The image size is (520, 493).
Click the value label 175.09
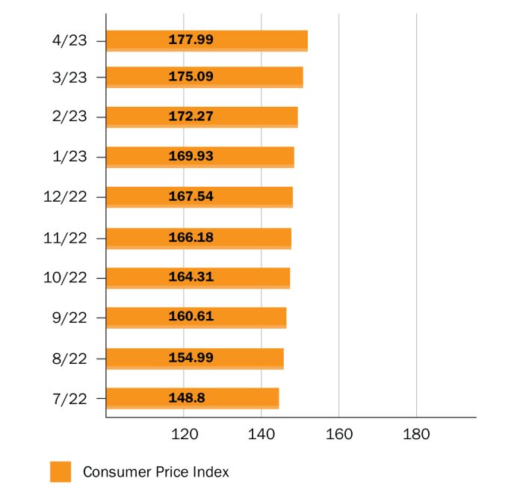(191, 76)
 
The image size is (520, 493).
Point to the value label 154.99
(191, 358)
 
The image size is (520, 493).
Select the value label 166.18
(191, 237)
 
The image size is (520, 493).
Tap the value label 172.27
(191, 117)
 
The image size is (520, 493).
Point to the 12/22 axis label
(66, 197)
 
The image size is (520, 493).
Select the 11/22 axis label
(66, 238)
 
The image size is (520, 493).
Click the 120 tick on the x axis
(184, 435)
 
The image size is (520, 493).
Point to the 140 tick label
(261, 435)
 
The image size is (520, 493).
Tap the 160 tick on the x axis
(338, 435)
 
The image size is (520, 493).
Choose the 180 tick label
(416, 435)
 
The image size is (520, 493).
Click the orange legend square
(61, 472)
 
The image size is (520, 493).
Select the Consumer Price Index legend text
(155, 472)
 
